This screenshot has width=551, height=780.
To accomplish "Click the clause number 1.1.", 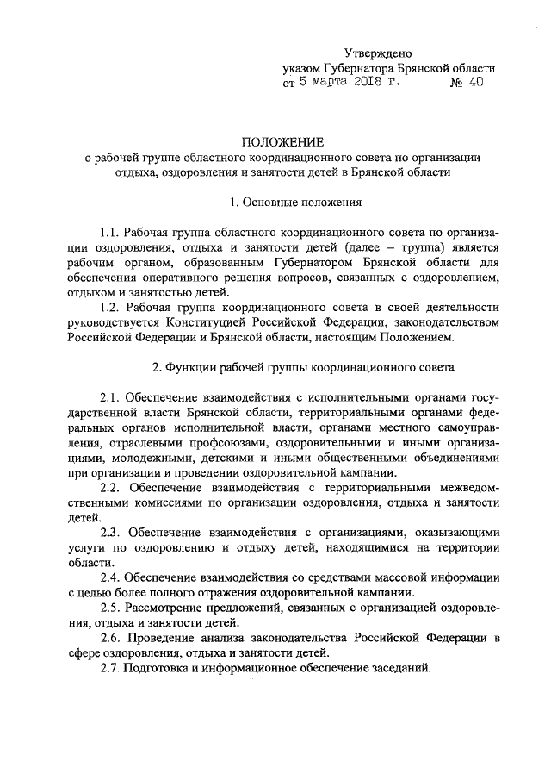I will point(109,234).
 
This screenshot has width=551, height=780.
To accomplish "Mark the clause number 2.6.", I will point(109,637).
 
